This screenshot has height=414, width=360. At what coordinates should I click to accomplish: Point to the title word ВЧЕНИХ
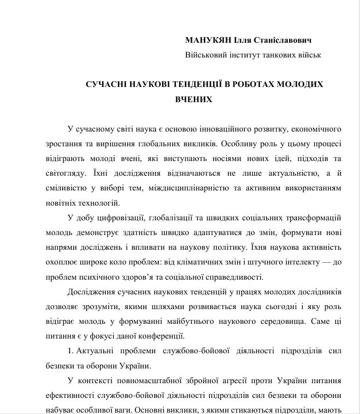tap(194, 99)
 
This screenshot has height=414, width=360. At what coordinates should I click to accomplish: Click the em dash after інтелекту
tap(314, 262)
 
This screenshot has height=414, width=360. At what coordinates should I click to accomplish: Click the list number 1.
tap(70, 351)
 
